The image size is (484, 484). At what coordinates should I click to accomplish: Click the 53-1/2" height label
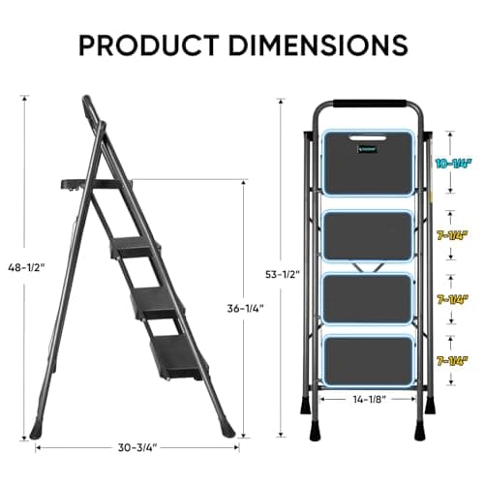282,274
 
